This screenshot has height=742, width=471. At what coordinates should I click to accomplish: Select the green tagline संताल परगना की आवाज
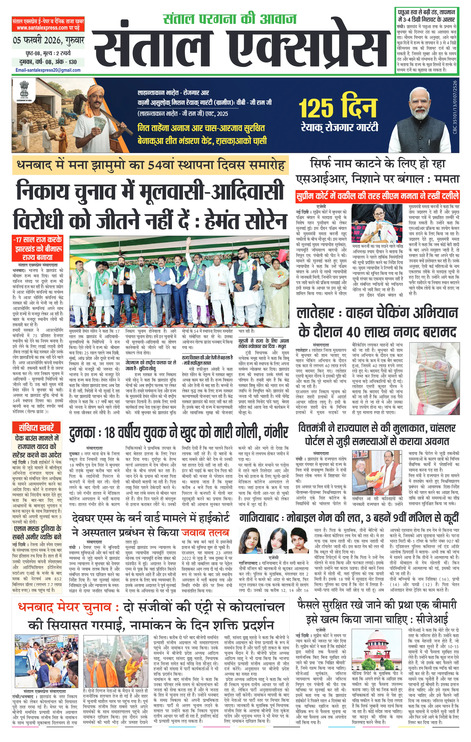230,19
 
